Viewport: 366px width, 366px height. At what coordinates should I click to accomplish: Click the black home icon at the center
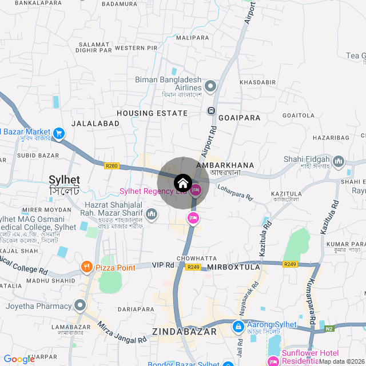click(x=182, y=183)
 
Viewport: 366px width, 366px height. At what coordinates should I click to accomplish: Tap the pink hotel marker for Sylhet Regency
click(x=196, y=190)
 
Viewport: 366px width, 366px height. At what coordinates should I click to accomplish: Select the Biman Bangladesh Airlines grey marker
click(x=210, y=87)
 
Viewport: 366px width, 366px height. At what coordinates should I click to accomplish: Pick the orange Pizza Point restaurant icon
click(x=86, y=266)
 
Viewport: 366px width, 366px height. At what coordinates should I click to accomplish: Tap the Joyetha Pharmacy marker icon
click(x=80, y=305)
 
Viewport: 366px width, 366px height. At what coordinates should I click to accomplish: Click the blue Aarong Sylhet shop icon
click(x=237, y=326)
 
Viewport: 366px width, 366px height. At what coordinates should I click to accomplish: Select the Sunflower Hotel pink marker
click(x=273, y=361)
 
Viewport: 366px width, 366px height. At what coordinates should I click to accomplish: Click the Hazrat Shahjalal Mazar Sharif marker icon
click(x=152, y=214)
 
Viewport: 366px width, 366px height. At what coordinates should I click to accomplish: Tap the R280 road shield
click(x=112, y=166)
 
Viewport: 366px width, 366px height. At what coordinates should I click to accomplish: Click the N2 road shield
click(x=329, y=329)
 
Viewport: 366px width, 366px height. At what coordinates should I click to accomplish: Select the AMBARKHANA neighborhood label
click(x=224, y=165)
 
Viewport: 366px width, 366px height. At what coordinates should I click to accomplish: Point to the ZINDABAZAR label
click(x=184, y=331)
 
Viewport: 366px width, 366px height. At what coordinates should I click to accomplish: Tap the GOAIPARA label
click(x=239, y=118)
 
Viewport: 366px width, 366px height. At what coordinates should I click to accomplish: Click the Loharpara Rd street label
click(x=235, y=192)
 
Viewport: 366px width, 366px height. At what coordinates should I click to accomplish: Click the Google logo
click(x=19, y=359)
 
